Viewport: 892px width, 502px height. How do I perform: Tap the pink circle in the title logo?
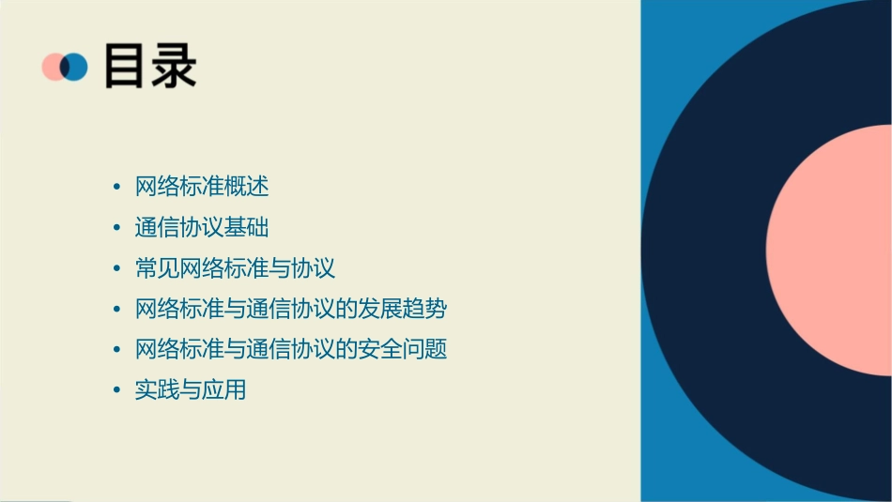tap(53, 67)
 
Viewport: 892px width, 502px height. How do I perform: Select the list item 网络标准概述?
tap(202, 187)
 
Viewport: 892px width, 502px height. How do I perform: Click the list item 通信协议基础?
tap(202, 228)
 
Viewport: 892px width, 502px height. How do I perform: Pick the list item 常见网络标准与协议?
tap(235, 268)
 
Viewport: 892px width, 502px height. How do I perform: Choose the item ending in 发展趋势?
tap(290, 309)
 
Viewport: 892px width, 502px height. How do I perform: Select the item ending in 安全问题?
tap(290, 349)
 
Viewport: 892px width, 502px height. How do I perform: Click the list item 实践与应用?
tap(191, 389)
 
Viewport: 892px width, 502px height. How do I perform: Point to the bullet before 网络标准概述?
tap(116, 188)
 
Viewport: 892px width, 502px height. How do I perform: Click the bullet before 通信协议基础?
tap(116, 228)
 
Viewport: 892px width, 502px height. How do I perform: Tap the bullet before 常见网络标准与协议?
tap(116, 269)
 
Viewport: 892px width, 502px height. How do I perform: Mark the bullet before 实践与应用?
tap(116, 390)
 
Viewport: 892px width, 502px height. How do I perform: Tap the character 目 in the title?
tap(126, 67)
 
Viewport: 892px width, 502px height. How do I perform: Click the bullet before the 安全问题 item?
tap(116, 350)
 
